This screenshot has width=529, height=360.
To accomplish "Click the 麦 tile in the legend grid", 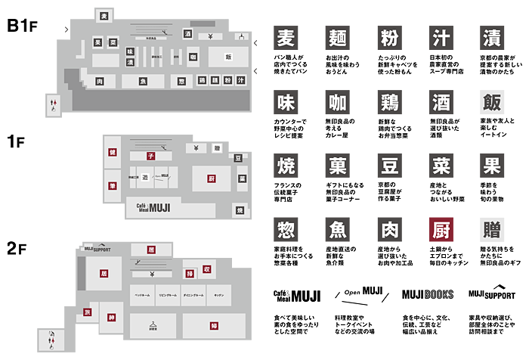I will tap(285, 39).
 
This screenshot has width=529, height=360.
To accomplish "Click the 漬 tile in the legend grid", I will tap(492, 39).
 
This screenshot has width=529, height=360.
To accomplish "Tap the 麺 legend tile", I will tap(337, 39).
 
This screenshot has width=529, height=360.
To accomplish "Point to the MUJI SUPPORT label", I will tap(97, 248).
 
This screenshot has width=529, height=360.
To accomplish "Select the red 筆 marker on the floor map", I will tap(112, 185).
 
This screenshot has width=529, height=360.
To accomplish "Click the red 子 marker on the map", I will tap(150, 155).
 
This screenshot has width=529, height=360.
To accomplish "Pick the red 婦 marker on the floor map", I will tap(215, 326).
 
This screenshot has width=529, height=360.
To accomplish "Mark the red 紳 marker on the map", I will tap(112, 317).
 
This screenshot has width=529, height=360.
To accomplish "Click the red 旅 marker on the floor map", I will tap(87, 312).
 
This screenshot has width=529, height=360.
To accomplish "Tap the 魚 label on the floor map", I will tap(143, 81).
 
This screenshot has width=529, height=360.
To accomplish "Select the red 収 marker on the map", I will tap(207, 268).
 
